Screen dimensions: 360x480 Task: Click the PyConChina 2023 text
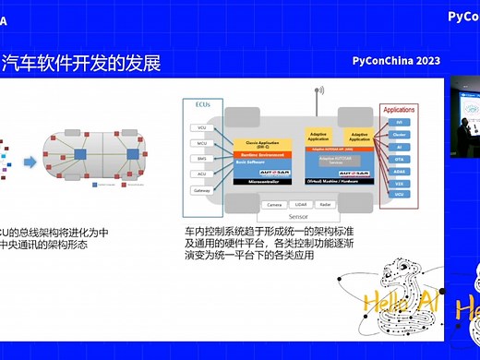(396, 61)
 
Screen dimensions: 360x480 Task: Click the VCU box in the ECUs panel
(201, 127)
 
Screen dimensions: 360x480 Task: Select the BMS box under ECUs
(201, 158)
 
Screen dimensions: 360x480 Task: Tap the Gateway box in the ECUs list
(201, 189)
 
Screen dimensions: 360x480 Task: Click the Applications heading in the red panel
(399, 108)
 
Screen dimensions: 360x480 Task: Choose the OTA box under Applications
(399, 158)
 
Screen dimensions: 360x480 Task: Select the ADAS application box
(399, 170)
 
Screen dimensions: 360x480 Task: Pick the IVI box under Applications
(399, 122)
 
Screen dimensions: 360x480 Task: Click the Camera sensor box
(274, 204)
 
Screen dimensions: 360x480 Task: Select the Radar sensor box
(326, 204)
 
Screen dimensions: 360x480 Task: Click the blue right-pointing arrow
(30, 162)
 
